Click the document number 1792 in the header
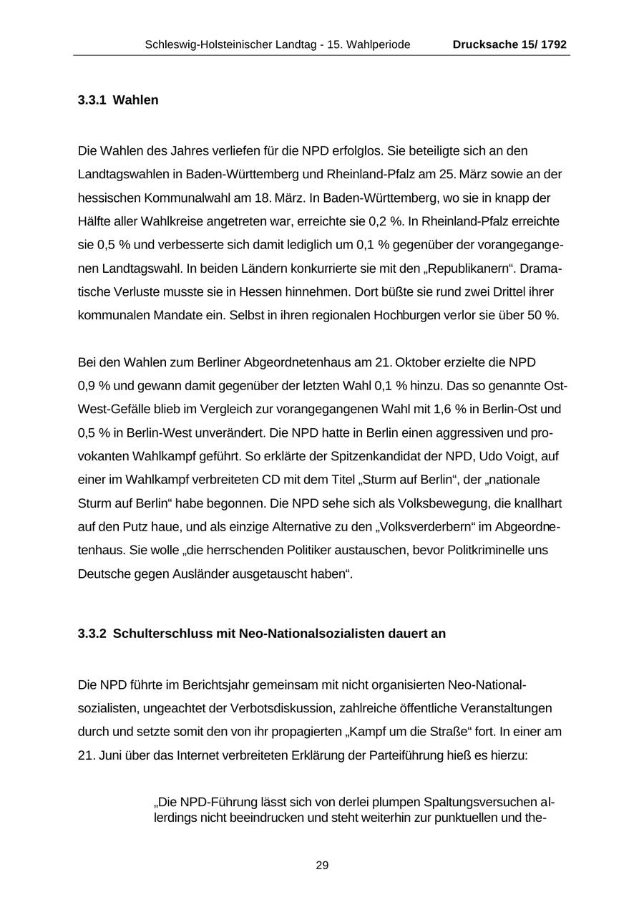click(554, 44)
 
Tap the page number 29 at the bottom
click(322, 866)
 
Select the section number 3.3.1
click(92, 100)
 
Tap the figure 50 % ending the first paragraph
click(543, 316)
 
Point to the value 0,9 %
click(94, 386)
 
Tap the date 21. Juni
click(100, 755)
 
